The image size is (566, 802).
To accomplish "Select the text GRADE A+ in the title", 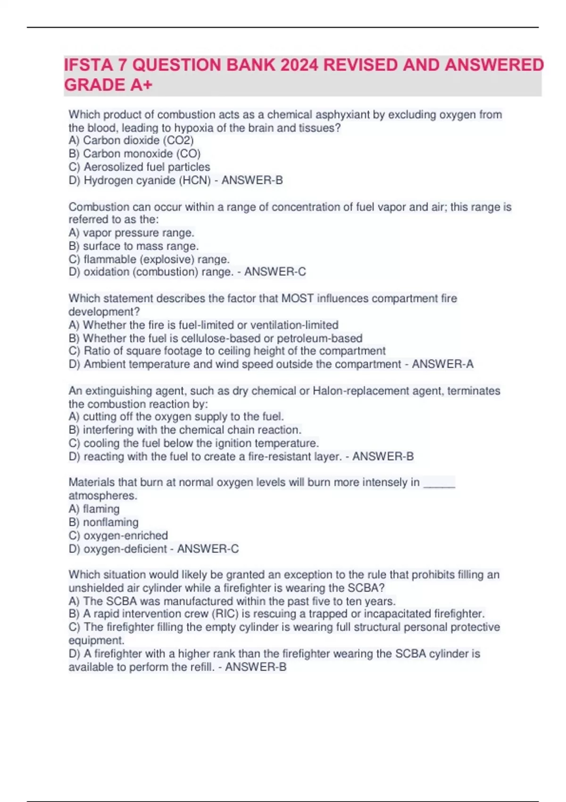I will point(108,85).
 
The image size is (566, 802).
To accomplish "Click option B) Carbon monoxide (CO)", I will point(134,154).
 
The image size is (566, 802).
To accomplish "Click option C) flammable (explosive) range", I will point(149,259).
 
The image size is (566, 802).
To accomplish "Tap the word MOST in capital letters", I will point(298,299).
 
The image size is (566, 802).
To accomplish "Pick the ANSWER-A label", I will point(443,364).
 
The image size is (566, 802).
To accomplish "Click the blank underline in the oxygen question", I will point(440,483).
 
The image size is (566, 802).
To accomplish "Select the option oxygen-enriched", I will point(125,536).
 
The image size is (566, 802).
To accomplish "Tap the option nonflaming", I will point(110,523).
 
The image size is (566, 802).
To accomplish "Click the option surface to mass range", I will point(141,246).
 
